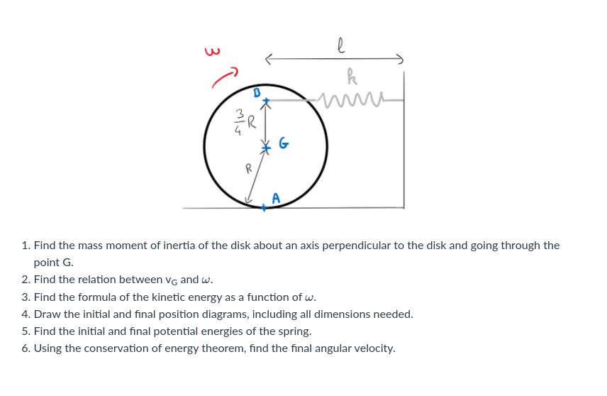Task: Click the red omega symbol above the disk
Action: (209, 51)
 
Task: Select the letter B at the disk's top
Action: (257, 92)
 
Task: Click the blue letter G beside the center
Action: (283, 145)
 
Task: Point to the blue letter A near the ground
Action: (276, 198)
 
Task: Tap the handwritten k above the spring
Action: (351, 74)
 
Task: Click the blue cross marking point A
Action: (263, 207)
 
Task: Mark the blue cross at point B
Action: (266, 101)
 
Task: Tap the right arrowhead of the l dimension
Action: (401, 58)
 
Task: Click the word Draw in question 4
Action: (47, 314)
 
